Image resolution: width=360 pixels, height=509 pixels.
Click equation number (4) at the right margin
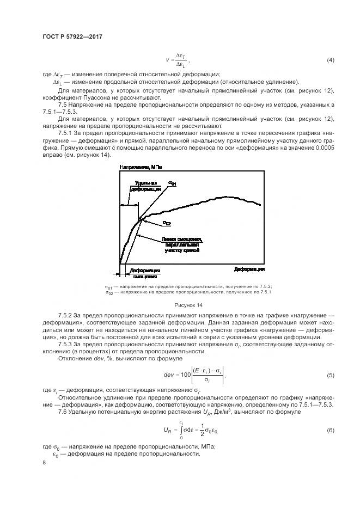click(x=330, y=59)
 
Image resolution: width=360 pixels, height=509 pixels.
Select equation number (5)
click(x=330, y=375)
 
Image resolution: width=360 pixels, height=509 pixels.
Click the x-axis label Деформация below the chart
click(x=249, y=269)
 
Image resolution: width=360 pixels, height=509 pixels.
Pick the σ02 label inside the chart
click(x=167, y=223)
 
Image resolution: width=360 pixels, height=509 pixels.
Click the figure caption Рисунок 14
click(x=188, y=305)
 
